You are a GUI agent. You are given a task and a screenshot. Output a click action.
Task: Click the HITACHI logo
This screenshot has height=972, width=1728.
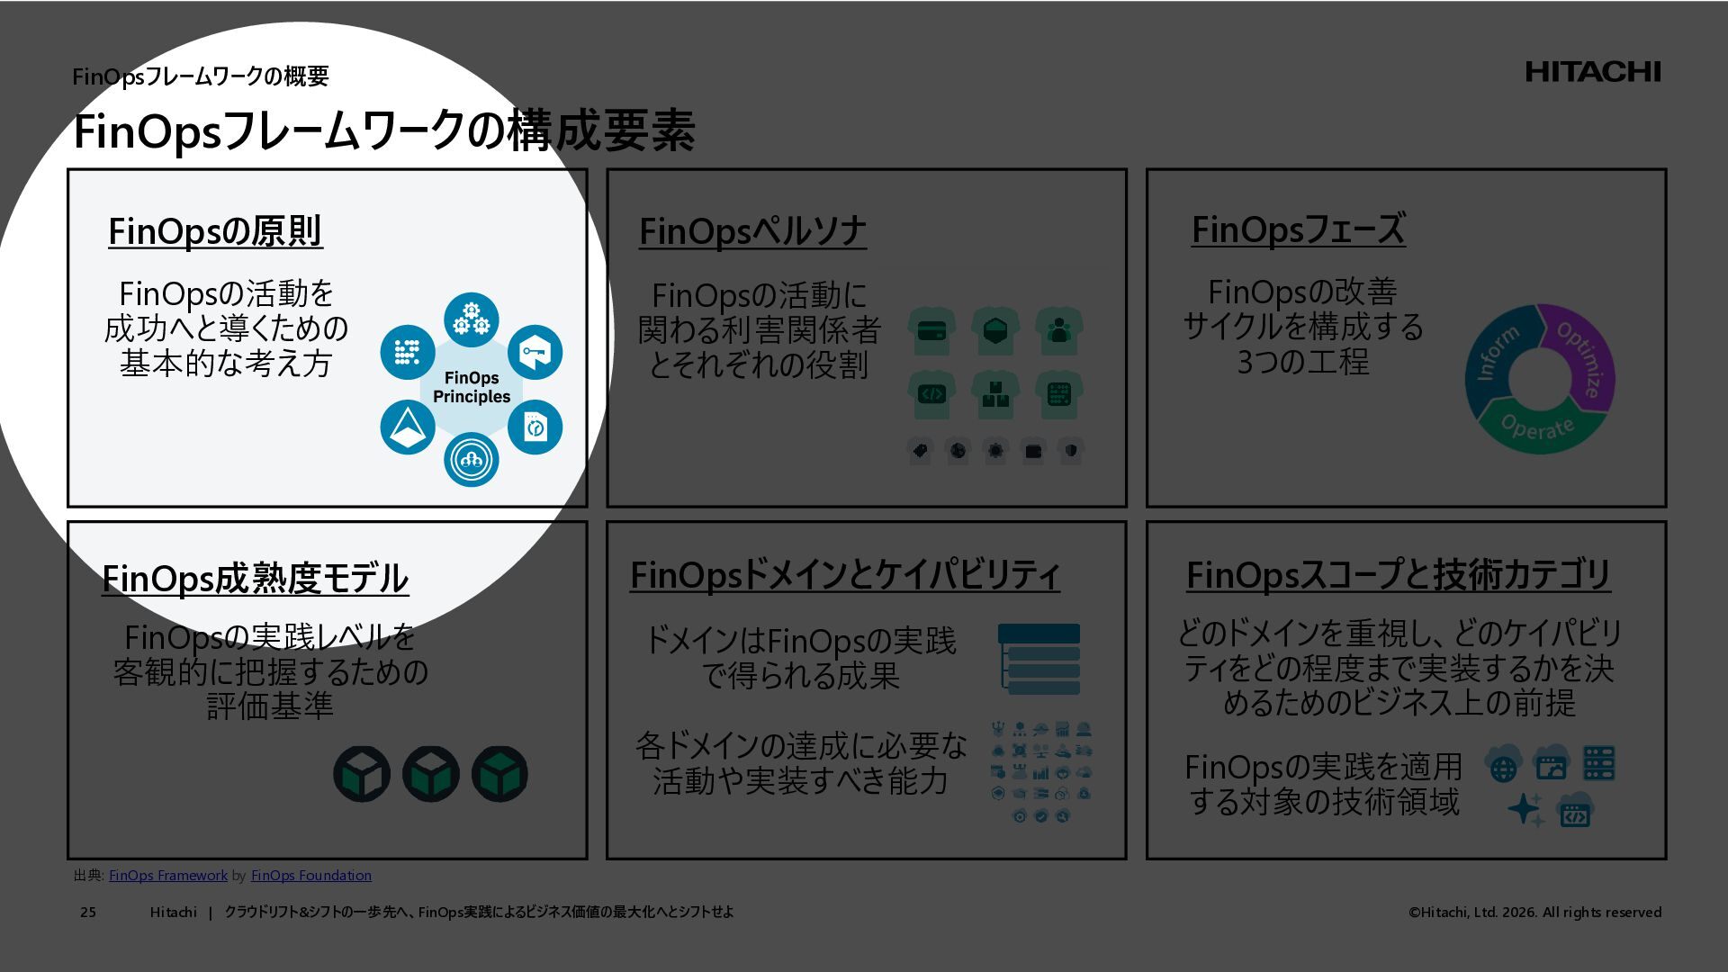1592,72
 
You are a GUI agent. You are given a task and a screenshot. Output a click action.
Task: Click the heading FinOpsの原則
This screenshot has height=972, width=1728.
215,231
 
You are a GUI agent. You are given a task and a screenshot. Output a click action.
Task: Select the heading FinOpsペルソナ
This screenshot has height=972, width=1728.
752,231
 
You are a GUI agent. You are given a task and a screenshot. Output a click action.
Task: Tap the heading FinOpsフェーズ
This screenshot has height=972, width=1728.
1298,229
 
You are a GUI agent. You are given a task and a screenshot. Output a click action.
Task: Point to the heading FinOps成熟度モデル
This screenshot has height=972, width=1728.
255,578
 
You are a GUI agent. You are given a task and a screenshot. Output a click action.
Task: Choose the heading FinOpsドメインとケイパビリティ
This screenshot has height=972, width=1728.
844,575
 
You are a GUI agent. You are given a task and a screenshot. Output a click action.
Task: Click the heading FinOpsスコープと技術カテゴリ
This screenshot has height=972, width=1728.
1398,574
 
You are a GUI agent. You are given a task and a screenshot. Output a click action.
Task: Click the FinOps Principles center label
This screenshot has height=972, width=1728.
472,388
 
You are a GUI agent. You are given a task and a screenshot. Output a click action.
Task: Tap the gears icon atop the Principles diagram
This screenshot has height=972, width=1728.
471,319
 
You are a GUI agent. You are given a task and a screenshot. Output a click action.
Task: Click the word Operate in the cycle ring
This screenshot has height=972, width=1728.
1537,427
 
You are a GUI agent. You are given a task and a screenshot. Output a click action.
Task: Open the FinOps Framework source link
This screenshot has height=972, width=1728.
168,876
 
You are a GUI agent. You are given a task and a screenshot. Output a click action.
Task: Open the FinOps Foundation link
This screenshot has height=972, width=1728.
310,876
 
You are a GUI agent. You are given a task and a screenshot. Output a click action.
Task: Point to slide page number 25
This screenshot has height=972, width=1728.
88,913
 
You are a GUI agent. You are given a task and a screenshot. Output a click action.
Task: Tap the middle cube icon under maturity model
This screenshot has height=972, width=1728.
430,774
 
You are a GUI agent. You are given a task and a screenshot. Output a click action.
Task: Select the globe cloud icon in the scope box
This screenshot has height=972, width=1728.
1503,766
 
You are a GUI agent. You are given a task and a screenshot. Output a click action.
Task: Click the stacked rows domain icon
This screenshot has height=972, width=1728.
1039,660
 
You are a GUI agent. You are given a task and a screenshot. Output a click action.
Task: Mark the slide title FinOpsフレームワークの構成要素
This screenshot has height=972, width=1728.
383,131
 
